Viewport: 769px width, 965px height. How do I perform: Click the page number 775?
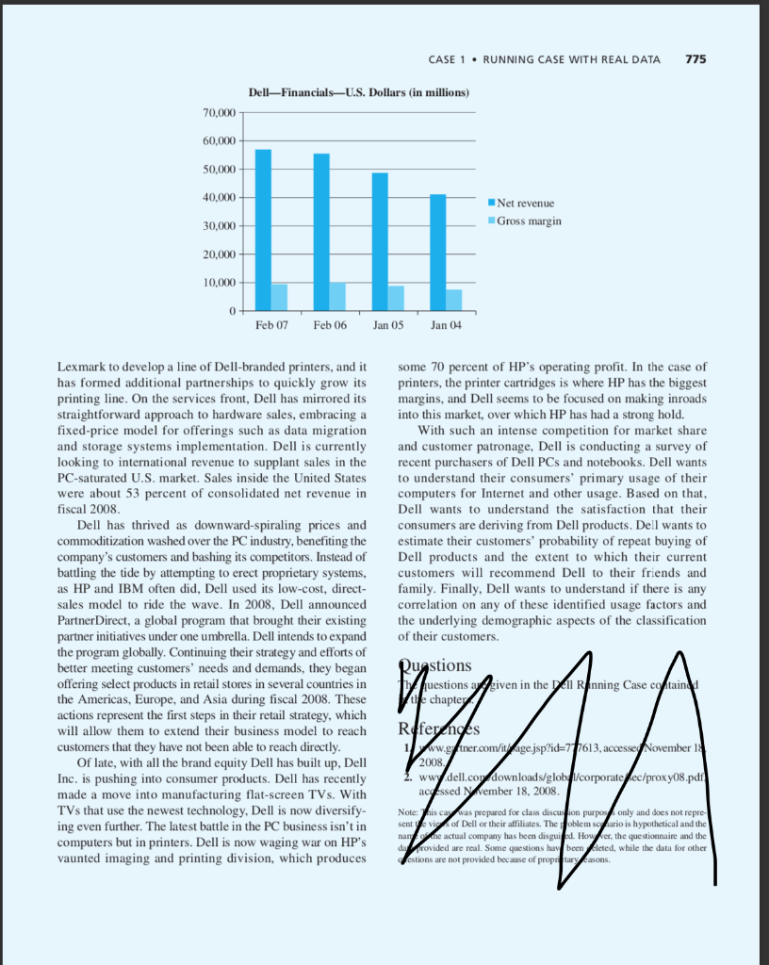pyautogui.click(x=695, y=59)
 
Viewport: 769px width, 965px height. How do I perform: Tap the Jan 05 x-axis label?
pyautogui.click(x=387, y=324)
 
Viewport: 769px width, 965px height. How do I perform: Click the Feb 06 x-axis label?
pyautogui.click(x=329, y=324)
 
